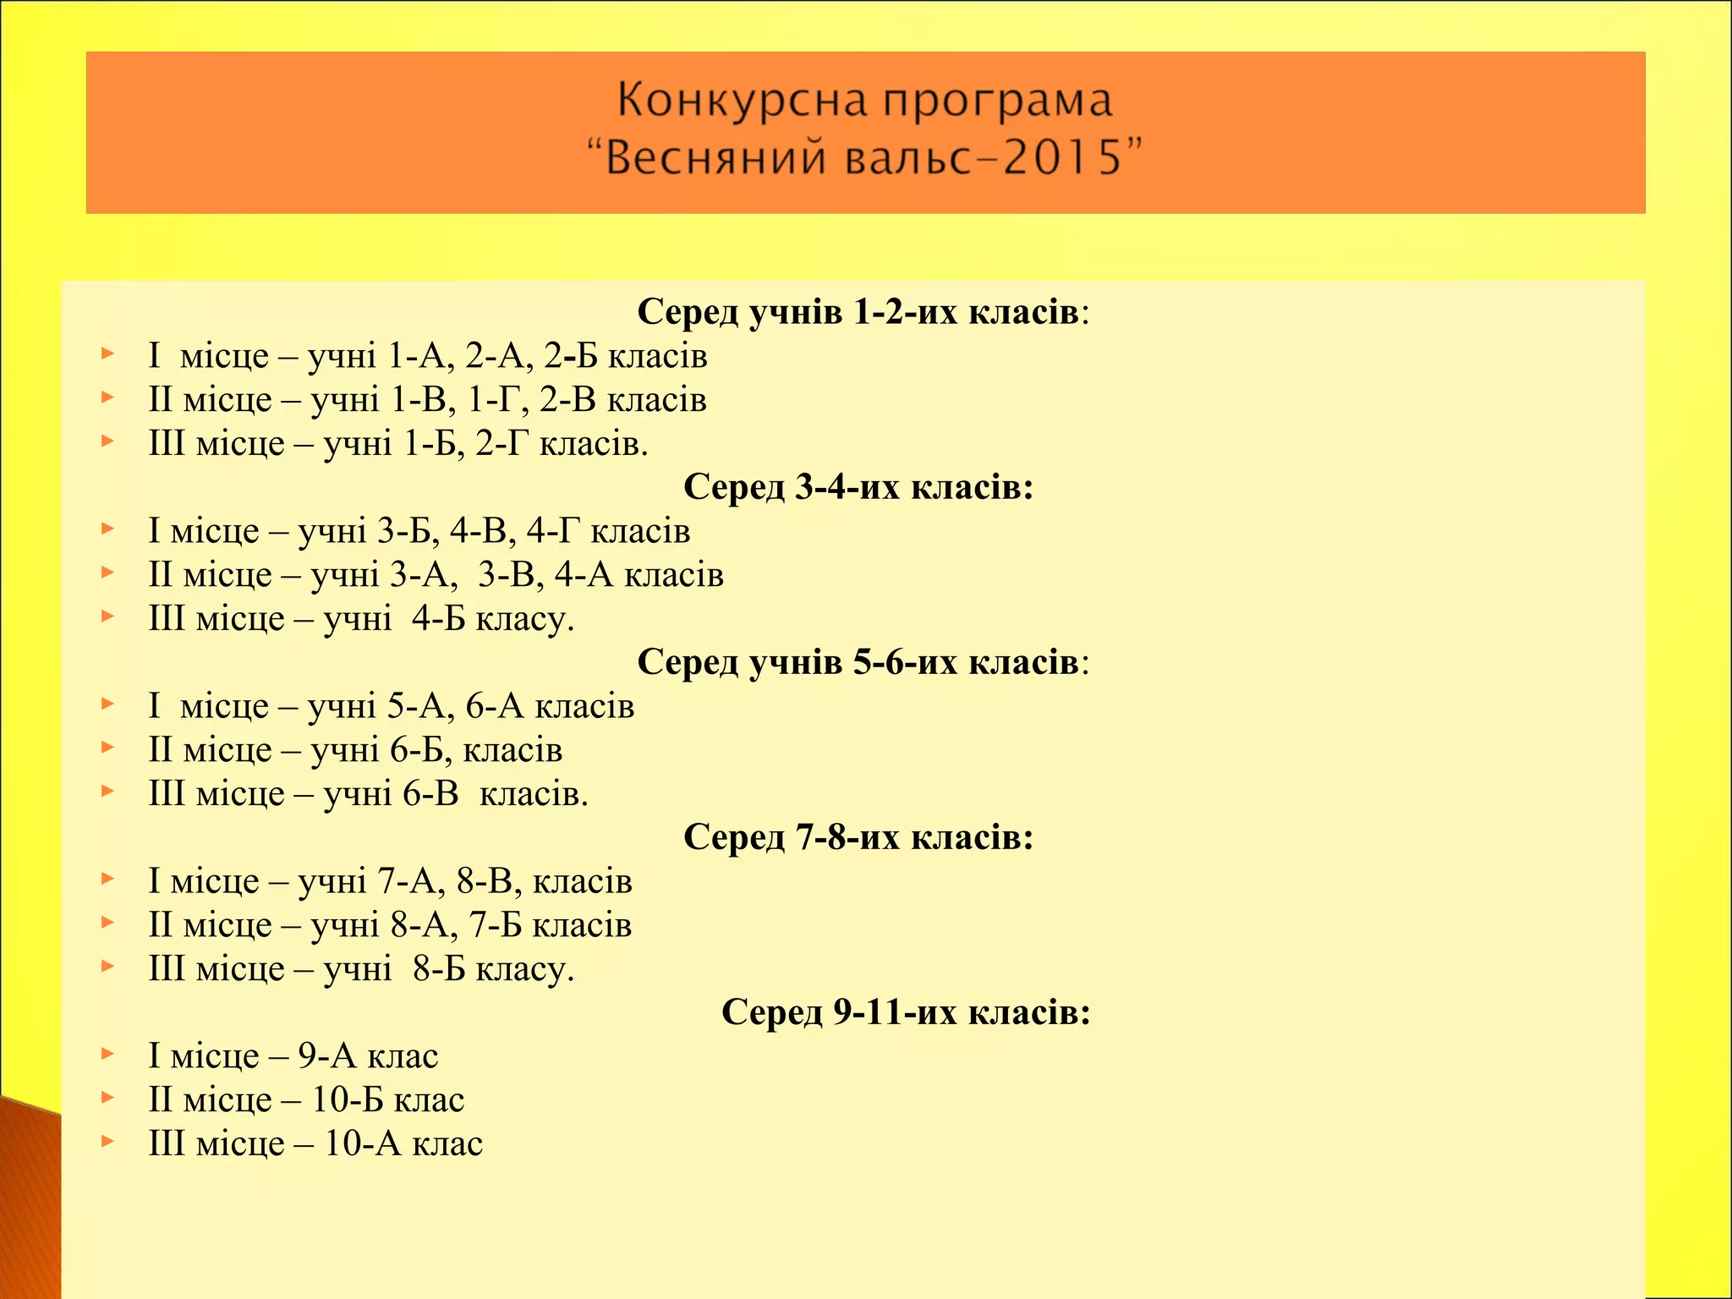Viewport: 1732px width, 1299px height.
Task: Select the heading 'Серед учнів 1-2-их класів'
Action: tap(863, 312)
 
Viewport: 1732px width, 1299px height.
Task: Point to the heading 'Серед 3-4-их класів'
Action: tap(858, 487)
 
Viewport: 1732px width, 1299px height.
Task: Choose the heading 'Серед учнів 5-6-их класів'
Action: tap(863, 662)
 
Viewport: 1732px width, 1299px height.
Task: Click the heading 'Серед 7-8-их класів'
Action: tap(858, 837)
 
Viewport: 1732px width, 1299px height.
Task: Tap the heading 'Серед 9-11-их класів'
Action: tap(905, 1012)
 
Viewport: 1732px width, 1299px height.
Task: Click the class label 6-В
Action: tap(430, 794)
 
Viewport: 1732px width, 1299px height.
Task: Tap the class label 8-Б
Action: tap(439, 969)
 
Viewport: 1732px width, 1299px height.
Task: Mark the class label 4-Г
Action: tap(554, 531)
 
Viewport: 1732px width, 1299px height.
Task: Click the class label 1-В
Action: tap(418, 400)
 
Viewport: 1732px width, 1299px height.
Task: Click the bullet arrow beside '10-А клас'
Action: tap(107, 1142)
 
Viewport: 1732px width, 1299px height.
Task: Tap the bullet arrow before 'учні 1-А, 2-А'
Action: tap(107, 354)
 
